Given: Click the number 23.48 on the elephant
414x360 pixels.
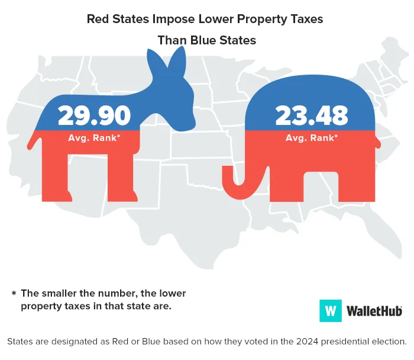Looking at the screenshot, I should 312,115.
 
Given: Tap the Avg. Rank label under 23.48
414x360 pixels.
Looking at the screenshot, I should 312,138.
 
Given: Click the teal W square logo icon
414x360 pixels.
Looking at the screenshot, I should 331,310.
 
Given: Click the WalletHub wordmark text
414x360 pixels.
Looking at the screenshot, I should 374,310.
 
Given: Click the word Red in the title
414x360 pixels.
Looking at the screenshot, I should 98,19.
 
